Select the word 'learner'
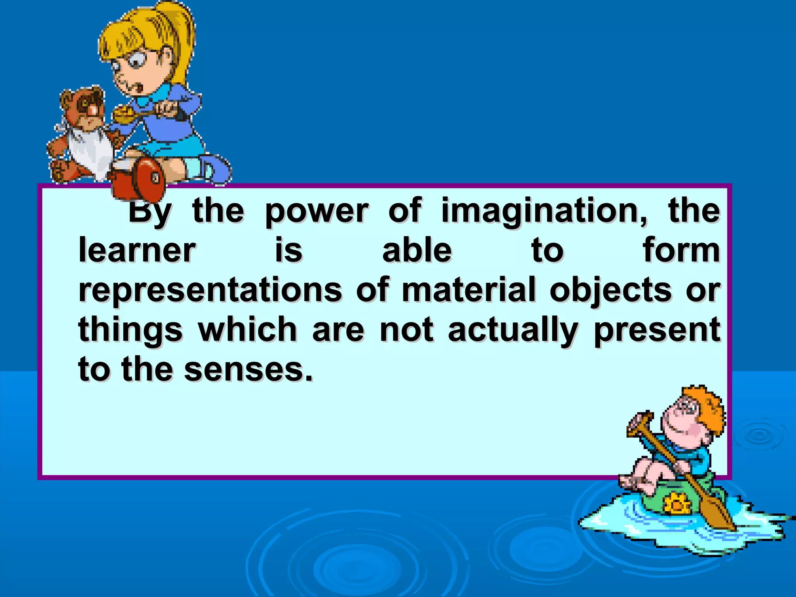(x=137, y=251)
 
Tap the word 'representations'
(x=210, y=290)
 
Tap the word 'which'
(x=248, y=330)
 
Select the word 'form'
(x=681, y=251)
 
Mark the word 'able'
(x=417, y=251)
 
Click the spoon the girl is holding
(x=128, y=115)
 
